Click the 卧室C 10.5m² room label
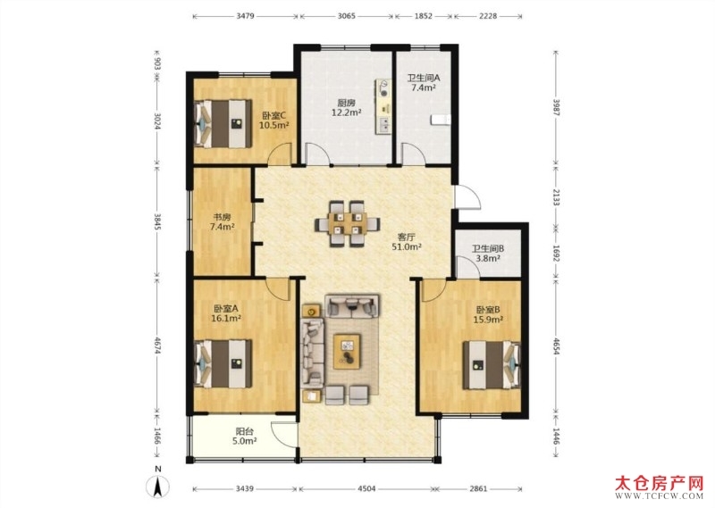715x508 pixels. [x=274, y=121]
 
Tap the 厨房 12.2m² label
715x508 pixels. [x=347, y=107]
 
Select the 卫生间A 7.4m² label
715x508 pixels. [x=423, y=82]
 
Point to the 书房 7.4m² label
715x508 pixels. [x=222, y=221]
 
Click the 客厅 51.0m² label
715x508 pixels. [x=407, y=242]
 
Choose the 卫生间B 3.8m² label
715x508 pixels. [x=487, y=254]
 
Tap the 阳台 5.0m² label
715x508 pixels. [x=244, y=436]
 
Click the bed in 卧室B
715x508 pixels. [x=492, y=365]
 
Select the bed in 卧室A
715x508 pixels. [x=223, y=363]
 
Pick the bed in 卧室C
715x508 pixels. [x=223, y=123]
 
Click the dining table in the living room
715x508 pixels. [x=347, y=223]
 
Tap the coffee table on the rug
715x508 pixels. [x=347, y=352]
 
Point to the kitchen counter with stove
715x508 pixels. [x=383, y=106]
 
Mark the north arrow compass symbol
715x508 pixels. [x=157, y=487]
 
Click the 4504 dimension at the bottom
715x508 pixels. [x=366, y=489]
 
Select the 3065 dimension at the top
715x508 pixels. [x=347, y=16]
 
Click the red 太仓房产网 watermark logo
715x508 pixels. [x=660, y=487]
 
